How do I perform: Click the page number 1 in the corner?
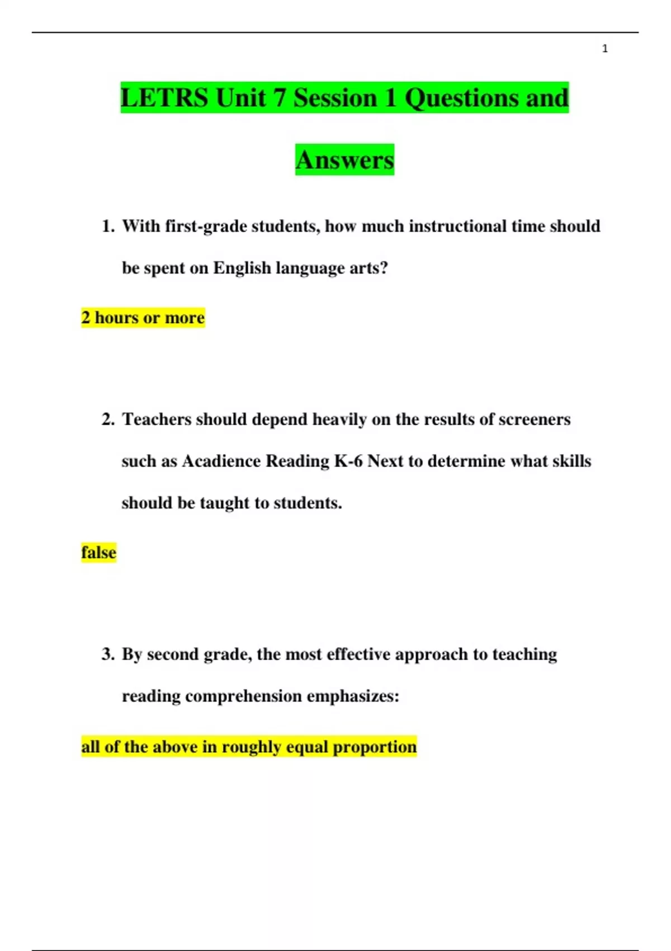tap(604, 49)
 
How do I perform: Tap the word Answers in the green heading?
tap(344, 160)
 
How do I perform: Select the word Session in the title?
tap(335, 98)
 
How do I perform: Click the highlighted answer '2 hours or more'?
tap(143, 318)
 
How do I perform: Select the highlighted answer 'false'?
tap(98, 553)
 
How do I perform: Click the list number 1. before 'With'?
tap(108, 227)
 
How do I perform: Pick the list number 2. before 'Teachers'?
tap(108, 420)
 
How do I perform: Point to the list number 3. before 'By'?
tap(108, 655)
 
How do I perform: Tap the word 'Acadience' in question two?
tap(221, 462)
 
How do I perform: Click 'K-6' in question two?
tap(348, 462)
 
